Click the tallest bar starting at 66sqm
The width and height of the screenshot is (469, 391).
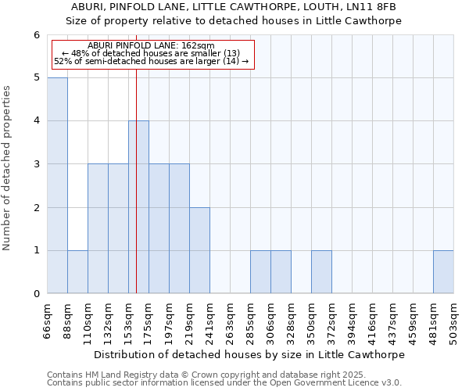pyautogui.click(x=57, y=185)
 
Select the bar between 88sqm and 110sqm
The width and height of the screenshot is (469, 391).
pyautogui.click(x=77, y=271)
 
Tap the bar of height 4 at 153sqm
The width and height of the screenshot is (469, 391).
pyautogui.click(x=138, y=207)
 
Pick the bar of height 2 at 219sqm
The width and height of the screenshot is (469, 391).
pyautogui.click(x=199, y=250)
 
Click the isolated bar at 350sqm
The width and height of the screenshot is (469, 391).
pyautogui.click(x=321, y=271)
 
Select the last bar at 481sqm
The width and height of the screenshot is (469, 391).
pyautogui.click(x=443, y=271)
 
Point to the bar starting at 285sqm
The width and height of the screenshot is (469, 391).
pyautogui.click(x=260, y=271)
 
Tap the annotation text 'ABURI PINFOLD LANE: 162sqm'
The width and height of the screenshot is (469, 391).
pyautogui.click(x=151, y=46)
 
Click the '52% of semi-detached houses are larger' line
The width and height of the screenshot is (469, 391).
pyautogui.click(x=151, y=61)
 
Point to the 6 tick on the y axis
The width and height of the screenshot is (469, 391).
pyautogui.click(x=36, y=35)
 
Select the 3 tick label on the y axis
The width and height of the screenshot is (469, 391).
pyautogui.click(x=36, y=164)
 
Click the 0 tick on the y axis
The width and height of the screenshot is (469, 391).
pyautogui.click(x=36, y=294)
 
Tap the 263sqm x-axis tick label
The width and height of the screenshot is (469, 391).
pyautogui.click(x=230, y=319)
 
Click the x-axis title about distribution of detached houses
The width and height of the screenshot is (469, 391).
pyautogui.click(x=249, y=354)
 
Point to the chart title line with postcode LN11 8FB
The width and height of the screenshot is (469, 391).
pyautogui.click(x=234, y=8)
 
